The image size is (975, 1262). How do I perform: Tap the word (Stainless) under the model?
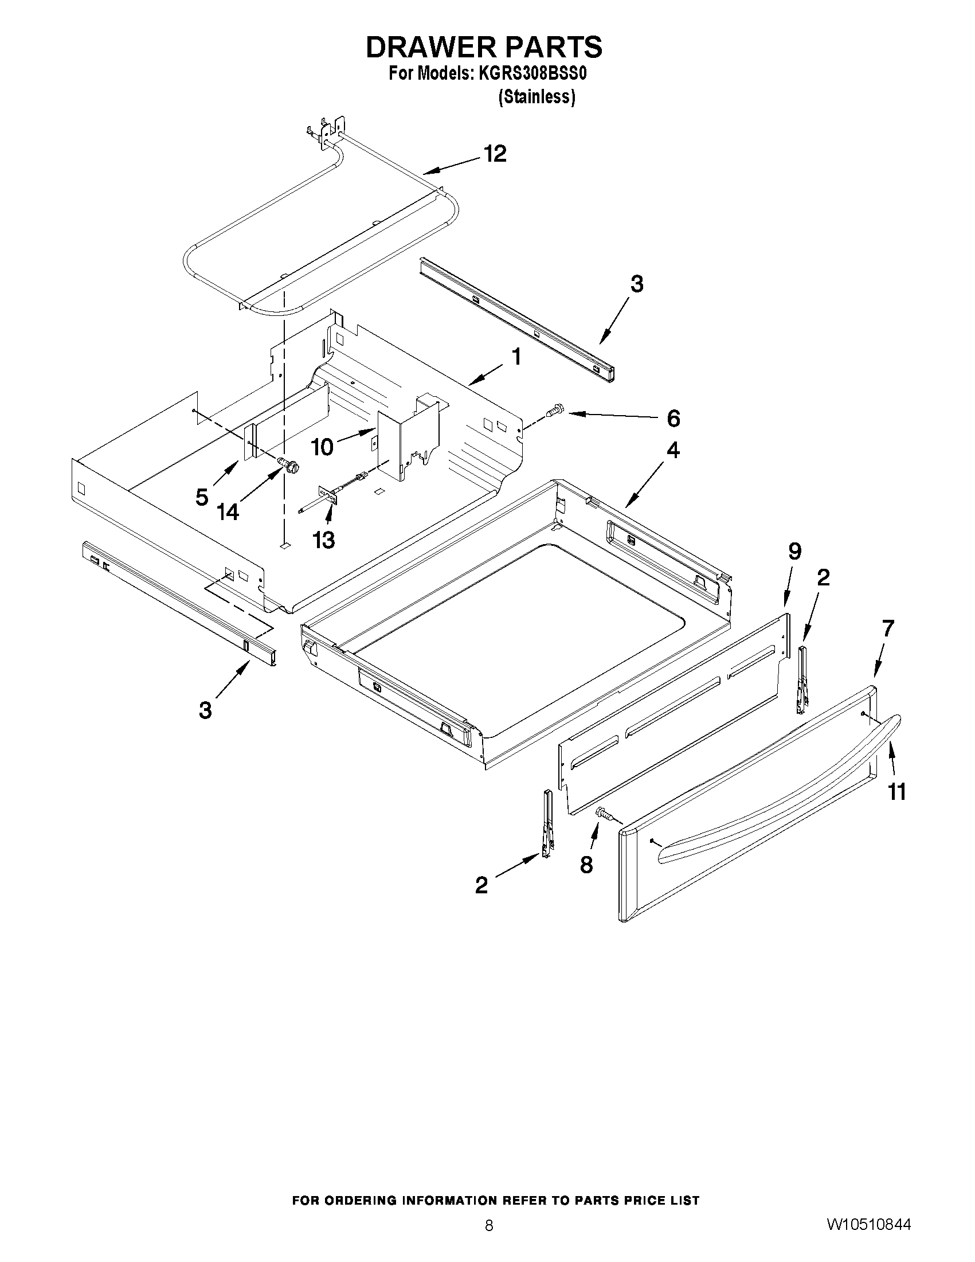pyautogui.click(x=537, y=96)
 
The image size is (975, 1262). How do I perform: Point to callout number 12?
pyautogui.click(x=495, y=154)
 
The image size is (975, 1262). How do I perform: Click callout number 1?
pyautogui.click(x=516, y=357)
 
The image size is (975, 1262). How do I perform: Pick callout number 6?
pyautogui.click(x=673, y=419)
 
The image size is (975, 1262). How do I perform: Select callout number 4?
pyautogui.click(x=673, y=450)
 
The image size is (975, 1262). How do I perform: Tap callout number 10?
pyautogui.click(x=322, y=447)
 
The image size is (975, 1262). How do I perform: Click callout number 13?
pyautogui.click(x=323, y=540)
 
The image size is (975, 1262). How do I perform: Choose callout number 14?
pyautogui.click(x=228, y=511)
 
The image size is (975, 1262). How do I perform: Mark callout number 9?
pyautogui.click(x=795, y=552)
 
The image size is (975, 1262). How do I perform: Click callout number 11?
pyautogui.click(x=896, y=791)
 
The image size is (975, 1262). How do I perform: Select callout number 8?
pyautogui.click(x=586, y=865)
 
